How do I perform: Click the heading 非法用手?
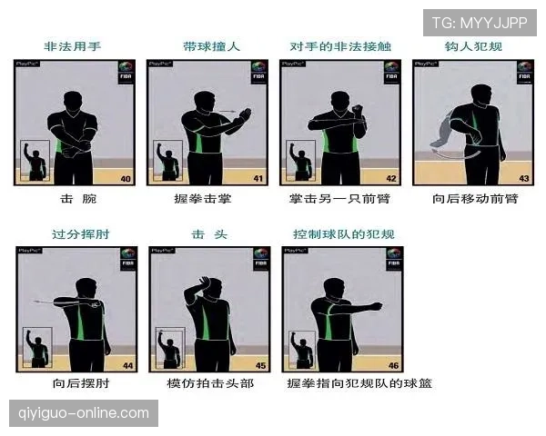tap(74, 46)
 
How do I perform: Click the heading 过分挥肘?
tap(76, 233)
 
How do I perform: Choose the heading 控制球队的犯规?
tap(343, 233)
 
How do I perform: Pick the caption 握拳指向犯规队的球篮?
tap(359, 384)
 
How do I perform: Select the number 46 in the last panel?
tap(393, 365)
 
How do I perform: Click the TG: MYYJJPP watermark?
tap(479, 22)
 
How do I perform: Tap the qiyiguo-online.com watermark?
tap(84, 413)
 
